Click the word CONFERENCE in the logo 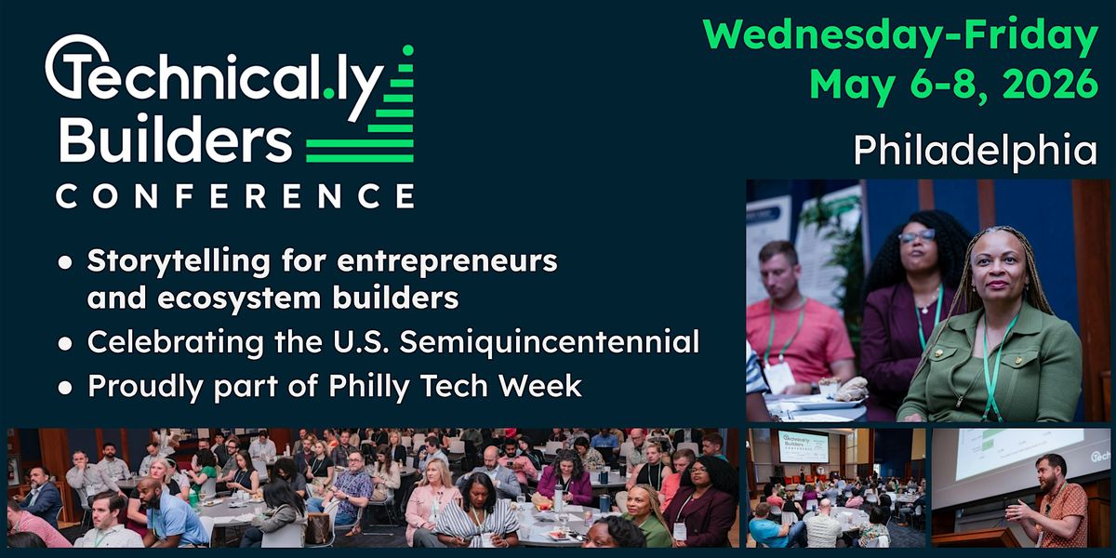pyautogui.click(x=234, y=196)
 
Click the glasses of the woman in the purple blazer pyautogui.click(x=916, y=236)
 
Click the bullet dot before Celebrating pyautogui.click(x=64, y=343)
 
